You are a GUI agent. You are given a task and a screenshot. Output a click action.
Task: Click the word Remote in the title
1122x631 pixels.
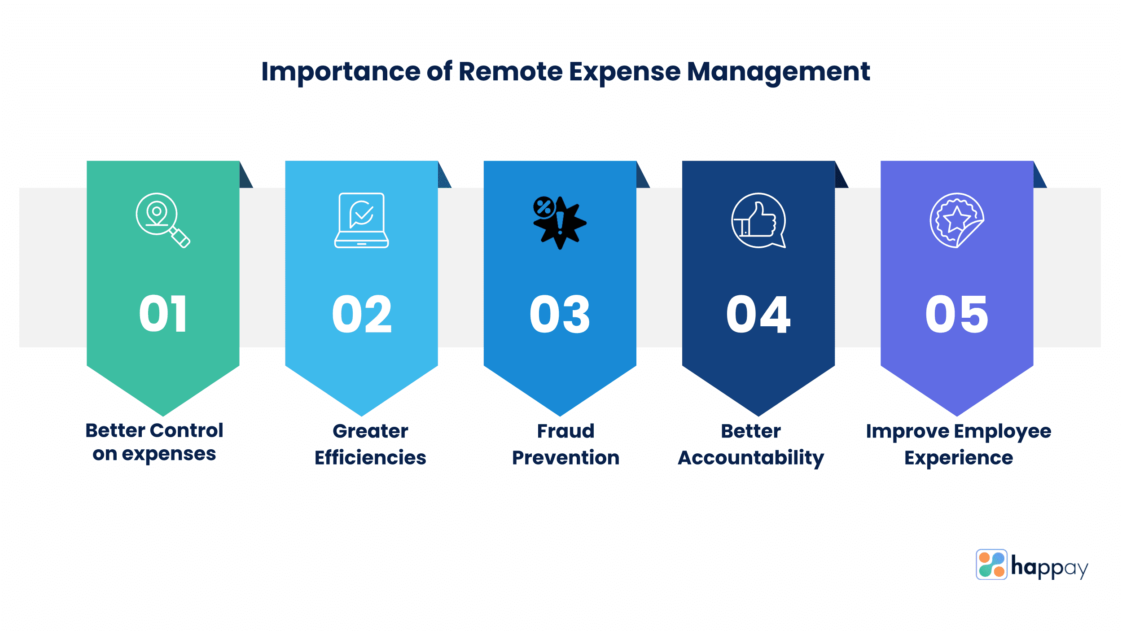(x=510, y=72)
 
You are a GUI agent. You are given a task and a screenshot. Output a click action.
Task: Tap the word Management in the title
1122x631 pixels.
(x=778, y=72)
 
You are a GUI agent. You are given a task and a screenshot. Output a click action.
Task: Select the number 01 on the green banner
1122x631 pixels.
(x=163, y=314)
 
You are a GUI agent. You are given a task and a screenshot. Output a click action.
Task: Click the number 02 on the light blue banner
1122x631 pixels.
(x=362, y=314)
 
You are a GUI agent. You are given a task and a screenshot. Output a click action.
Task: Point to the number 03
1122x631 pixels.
(x=560, y=314)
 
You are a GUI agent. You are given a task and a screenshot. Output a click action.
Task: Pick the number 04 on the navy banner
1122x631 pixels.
(x=758, y=314)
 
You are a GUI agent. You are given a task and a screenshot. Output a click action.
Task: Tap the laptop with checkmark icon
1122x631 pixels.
(x=361, y=220)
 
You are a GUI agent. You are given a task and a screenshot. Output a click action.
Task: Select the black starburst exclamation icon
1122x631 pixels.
(x=559, y=222)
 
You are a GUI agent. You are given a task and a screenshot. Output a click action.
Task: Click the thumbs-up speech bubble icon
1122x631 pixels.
(x=758, y=220)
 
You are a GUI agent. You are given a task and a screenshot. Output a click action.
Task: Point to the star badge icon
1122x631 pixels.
(x=956, y=220)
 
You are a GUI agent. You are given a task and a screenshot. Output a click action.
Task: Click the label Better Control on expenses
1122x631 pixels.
(x=154, y=442)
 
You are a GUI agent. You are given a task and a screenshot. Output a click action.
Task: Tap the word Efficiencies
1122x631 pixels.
(x=370, y=458)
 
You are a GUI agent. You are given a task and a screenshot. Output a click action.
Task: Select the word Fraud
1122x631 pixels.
(x=565, y=431)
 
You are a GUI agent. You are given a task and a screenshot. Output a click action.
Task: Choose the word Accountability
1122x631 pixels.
(x=751, y=458)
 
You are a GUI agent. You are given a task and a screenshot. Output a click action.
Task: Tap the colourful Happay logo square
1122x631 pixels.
(x=991, y=564)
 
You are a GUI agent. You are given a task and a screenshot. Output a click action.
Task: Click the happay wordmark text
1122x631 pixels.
(x=1049, y=567)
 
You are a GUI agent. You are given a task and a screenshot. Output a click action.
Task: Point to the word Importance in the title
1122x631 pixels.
(x=341, y=72)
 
